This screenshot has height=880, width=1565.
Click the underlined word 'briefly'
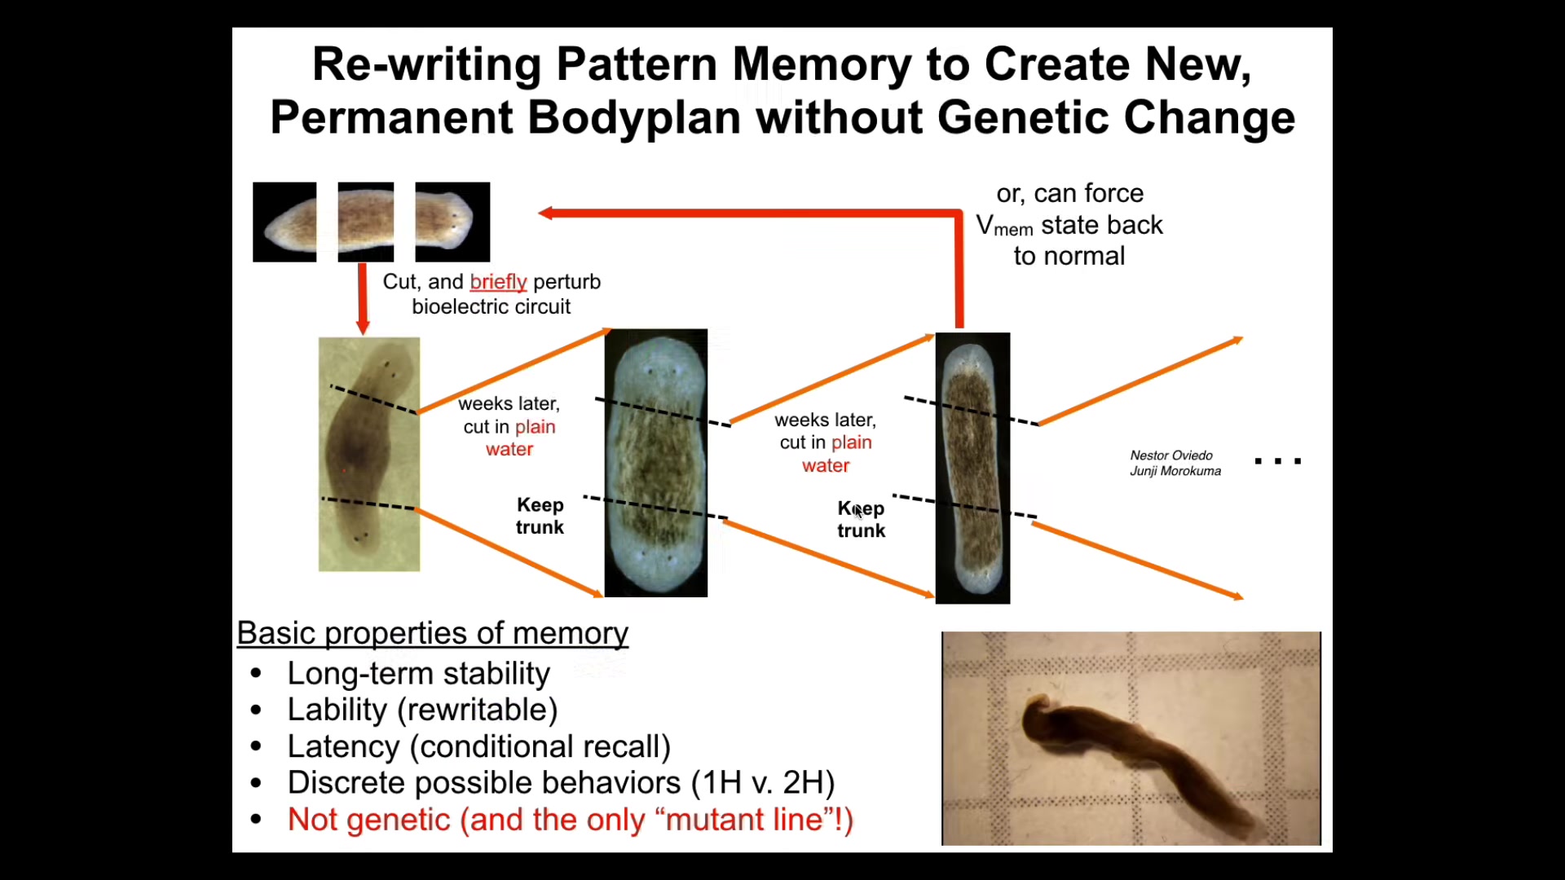[x=498, y=282]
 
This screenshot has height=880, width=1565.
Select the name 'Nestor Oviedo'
[x=1171, y=455]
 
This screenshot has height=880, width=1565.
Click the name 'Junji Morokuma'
[x=1175, y=471]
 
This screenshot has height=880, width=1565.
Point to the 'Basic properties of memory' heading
[x=432, y=633]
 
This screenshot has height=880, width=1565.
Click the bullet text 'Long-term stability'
[x=419, y=674]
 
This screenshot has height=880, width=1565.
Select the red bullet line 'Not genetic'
[x=571, y=820]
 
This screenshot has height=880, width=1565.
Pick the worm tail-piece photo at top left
[x=284, y=222]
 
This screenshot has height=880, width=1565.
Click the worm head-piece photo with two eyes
[x=452, y=222]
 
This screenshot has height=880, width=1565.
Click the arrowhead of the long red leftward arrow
[x=544, y=213]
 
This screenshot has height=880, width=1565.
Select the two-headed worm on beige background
[x=369, y=454]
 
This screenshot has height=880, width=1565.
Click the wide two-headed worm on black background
[x=656, y=463]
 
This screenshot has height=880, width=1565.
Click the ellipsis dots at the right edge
[x=1278, y=461]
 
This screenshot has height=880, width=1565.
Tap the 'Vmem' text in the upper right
[x=1005, y=226]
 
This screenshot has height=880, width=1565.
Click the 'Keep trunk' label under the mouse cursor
[x=861, y=520]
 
